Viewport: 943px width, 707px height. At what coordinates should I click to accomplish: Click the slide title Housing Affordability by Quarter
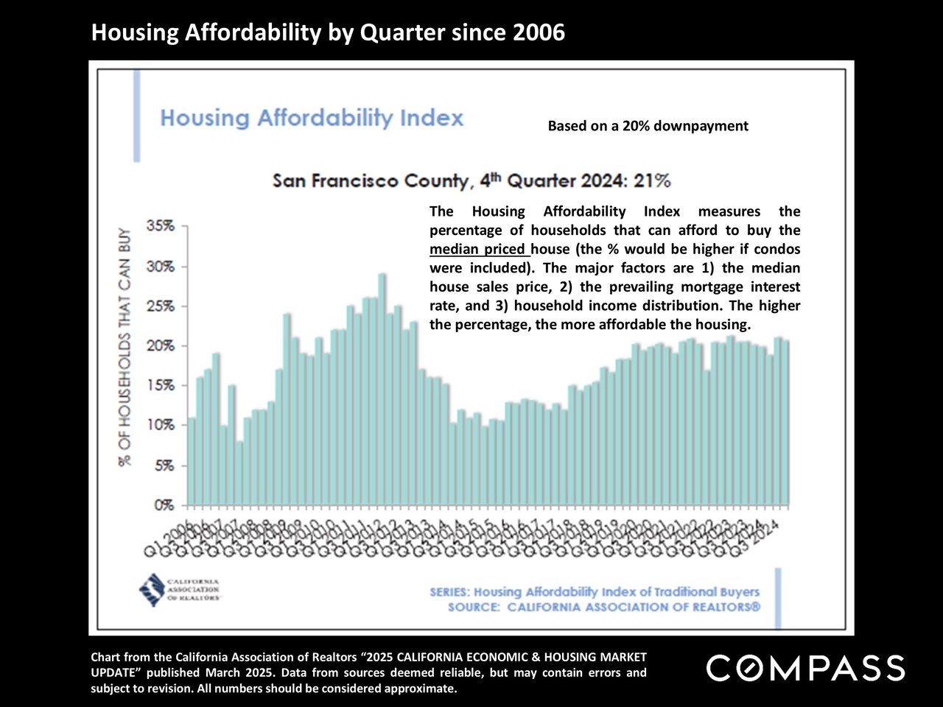(x=328, y=32)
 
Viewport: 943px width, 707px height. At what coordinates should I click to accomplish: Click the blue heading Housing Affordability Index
(x=312, y=119)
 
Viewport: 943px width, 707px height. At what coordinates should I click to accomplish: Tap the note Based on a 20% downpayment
(x=648, y=126)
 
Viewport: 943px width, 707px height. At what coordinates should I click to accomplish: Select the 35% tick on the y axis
(x=161, y=226)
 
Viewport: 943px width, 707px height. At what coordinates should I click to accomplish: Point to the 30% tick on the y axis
(x=161, y=267)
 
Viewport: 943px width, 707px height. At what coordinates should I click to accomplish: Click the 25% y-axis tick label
(x=161, y=306)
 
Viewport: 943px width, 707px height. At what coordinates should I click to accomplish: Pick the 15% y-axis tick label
(x=161, y=386)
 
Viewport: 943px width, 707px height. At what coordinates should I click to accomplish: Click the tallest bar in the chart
(x=382, y=390)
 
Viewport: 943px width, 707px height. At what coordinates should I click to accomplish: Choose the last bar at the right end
(x=785, y=423)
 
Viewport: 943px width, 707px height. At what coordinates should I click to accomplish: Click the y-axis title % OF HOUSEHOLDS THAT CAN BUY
(x=125, y=347)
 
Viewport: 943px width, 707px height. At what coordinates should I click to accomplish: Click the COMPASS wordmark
(x=805, y=668)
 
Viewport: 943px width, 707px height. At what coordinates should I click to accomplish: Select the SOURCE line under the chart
(x=603, y=608)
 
